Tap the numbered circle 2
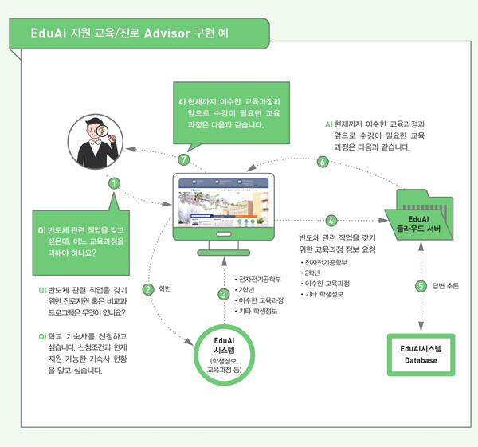pyautogui.click(x=147, y=289)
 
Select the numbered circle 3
pyautogui.click(x=224, y=294)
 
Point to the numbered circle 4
pyautogui.click(x=331, y=220)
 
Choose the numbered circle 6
pyautogui.click(x=323, y=162)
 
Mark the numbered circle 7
pyautogui.click(x=185, y=159)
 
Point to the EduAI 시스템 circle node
pyautogui.click(x=224, y=353)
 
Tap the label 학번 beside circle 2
pyautogui.click(x=166, y=289)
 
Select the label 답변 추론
pyautogui.click(x=445, y=286)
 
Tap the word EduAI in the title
pyautogui.click(x=49, y=36)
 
